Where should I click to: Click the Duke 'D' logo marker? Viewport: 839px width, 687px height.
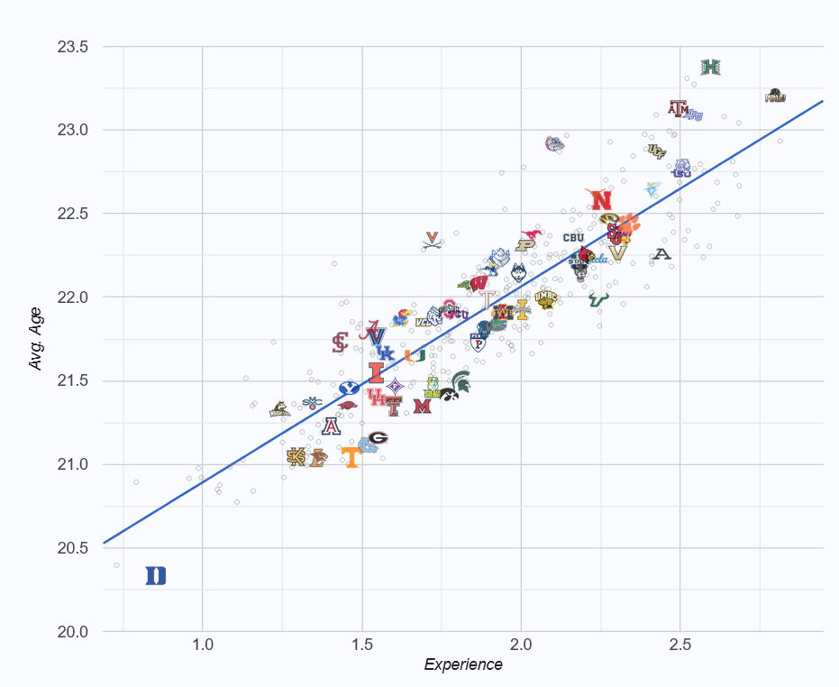point(156,575)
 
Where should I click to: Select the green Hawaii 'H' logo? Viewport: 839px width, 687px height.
point(711,67)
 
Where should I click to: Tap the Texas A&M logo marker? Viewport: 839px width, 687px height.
point(679,108)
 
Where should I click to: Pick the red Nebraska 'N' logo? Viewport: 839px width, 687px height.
point(600,200)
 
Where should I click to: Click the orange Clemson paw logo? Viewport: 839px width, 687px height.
point(628,223)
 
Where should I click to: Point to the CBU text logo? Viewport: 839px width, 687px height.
point(574,238)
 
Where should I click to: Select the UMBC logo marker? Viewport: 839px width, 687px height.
point(546,298)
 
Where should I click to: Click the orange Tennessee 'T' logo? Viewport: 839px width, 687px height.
point(351,458)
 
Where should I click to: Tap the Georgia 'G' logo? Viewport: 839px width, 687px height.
point(378,438)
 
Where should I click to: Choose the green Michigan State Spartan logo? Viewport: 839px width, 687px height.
point(461,380)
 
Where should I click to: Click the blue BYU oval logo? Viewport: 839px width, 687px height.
point(349,389)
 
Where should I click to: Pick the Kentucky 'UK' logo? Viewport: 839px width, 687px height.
point(386,353)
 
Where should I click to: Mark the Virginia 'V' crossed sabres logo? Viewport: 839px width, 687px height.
point(433,240)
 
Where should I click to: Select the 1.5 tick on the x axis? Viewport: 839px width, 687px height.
point(362,646)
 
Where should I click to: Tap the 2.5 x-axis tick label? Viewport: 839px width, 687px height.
point(680,646)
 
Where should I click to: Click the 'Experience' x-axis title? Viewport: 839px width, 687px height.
point(463,665)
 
